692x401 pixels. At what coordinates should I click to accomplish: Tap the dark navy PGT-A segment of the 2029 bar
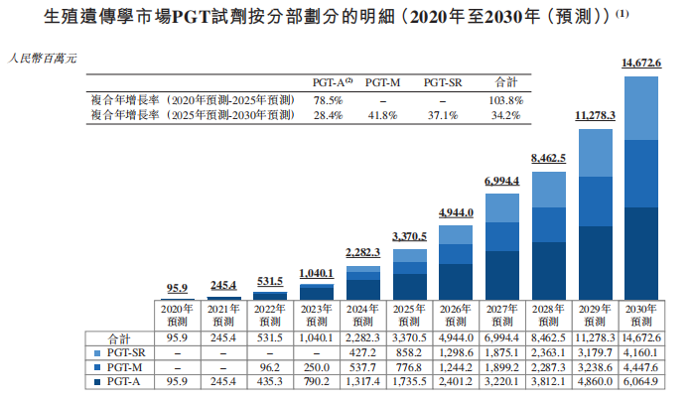[596, 262]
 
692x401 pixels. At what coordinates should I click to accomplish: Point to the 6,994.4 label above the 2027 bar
[502, 181]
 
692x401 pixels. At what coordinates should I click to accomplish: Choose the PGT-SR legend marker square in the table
[97, 351]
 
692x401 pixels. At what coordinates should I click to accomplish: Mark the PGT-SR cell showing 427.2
[362, 351]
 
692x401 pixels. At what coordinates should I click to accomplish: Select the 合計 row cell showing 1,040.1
[317, 337]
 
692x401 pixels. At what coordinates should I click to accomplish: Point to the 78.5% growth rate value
[328, 100]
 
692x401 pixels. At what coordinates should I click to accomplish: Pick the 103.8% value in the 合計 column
[505, 100]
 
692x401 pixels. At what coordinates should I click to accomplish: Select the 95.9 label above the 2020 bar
[178, 288]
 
